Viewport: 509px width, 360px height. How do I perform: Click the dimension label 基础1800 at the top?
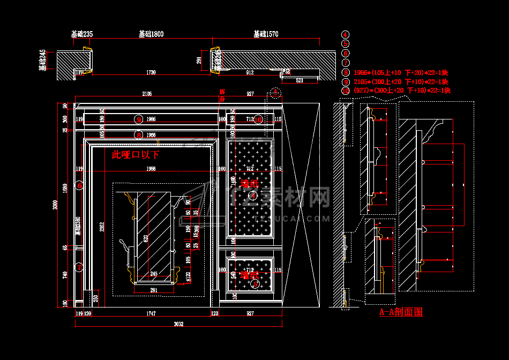151,34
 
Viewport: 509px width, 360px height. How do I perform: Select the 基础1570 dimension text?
266,34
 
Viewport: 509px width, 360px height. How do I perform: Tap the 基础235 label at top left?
82,34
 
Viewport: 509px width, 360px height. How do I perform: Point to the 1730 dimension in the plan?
151,72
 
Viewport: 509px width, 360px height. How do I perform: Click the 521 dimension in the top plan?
300,80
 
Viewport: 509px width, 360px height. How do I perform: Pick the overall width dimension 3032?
178,324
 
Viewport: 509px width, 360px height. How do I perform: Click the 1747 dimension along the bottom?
151,313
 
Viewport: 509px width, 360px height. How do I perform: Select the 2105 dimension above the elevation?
147,94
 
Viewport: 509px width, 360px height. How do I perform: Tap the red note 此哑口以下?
135,155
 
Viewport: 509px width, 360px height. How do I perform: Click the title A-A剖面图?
401,312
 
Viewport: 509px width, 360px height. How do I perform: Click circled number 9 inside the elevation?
139,119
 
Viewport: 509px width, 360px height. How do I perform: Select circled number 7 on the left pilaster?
79,267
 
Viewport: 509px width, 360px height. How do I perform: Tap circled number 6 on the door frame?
79,186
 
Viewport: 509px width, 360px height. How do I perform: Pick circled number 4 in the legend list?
346,34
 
